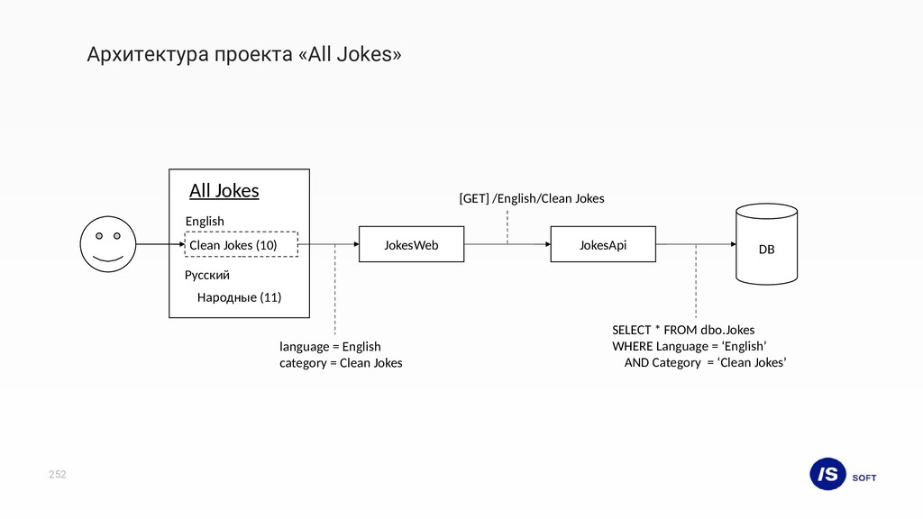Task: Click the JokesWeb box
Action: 411,244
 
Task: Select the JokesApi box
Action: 602,244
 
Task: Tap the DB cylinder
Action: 765,245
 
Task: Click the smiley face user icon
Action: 108,244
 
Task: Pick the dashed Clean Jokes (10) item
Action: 241,244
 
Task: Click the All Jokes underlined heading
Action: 224,191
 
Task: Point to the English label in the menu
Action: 205,221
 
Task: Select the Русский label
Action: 207,275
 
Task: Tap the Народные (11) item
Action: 239,297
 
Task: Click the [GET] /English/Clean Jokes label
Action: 532,198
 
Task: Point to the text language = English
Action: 330,346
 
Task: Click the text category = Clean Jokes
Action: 341,363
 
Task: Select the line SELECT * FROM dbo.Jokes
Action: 683,330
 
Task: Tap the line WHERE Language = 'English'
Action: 690,346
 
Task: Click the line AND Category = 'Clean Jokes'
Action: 705,362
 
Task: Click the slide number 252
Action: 58,474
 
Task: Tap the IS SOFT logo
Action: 842,474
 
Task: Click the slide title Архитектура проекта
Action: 244,55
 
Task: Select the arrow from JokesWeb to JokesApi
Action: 507,244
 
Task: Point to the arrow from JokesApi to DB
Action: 694,244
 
